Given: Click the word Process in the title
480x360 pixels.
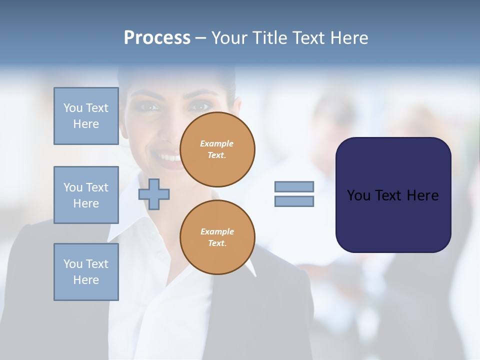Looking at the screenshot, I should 157,38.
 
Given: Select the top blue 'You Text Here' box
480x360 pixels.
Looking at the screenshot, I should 86,116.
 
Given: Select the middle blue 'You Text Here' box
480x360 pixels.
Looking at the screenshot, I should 86,195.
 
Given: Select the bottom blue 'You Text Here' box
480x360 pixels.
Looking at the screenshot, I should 86,272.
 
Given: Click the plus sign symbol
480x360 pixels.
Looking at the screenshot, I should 154,193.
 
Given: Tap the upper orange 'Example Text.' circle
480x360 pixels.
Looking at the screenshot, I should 217,149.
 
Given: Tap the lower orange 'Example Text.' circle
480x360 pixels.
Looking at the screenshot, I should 217,237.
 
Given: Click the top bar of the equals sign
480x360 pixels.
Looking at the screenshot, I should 294,186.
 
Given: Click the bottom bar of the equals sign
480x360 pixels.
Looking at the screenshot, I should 294,201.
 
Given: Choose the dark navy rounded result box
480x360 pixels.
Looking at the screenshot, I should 393,195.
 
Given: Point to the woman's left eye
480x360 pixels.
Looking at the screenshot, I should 200,106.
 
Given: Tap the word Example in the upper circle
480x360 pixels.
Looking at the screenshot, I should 217,143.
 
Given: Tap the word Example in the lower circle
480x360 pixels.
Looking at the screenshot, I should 217,231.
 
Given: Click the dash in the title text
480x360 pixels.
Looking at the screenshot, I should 201,38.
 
